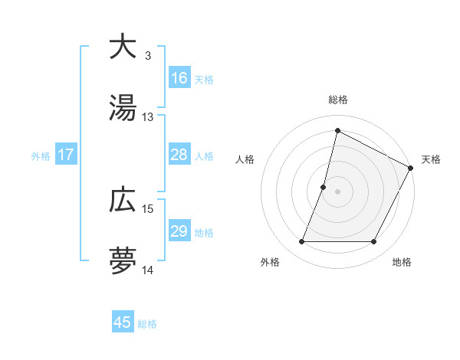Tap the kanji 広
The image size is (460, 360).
click(123, 200)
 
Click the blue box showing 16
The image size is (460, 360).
click(179, 78)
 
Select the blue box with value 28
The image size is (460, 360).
click(179, 155)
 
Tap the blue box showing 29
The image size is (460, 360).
click(179, 231)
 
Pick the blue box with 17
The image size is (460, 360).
click(66, 155)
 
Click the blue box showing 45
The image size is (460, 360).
click(123, 322)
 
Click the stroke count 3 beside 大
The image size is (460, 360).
click(147, 55)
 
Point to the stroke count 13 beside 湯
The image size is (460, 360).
click(147, 118)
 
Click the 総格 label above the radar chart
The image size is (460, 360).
click(337, 100)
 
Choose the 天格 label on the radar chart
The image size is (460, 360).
click(431, 159)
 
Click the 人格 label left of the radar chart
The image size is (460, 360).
click(245, 159)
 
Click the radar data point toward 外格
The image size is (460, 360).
click(301, 242)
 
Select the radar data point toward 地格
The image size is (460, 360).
click(374, 242)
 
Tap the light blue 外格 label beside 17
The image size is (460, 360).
click(40, 155)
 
